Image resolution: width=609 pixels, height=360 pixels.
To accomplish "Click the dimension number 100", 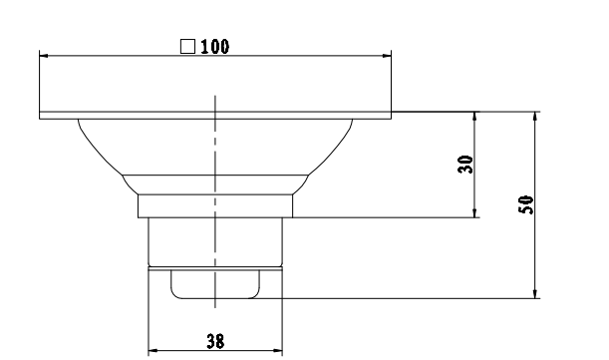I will (x=212, y=46).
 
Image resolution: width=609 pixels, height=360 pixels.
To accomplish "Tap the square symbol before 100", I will (x=186, y=46).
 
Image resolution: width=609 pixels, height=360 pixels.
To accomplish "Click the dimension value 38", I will (x=214, y=340).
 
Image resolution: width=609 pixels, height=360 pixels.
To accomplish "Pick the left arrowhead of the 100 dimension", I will (x=45, y=56).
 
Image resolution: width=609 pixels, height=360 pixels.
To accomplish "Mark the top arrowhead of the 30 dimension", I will (x=475, y=117).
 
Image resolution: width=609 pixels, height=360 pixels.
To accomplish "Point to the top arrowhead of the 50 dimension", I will (x=536, y=117).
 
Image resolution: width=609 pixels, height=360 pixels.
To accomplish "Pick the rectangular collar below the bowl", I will (x=215, y=205).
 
